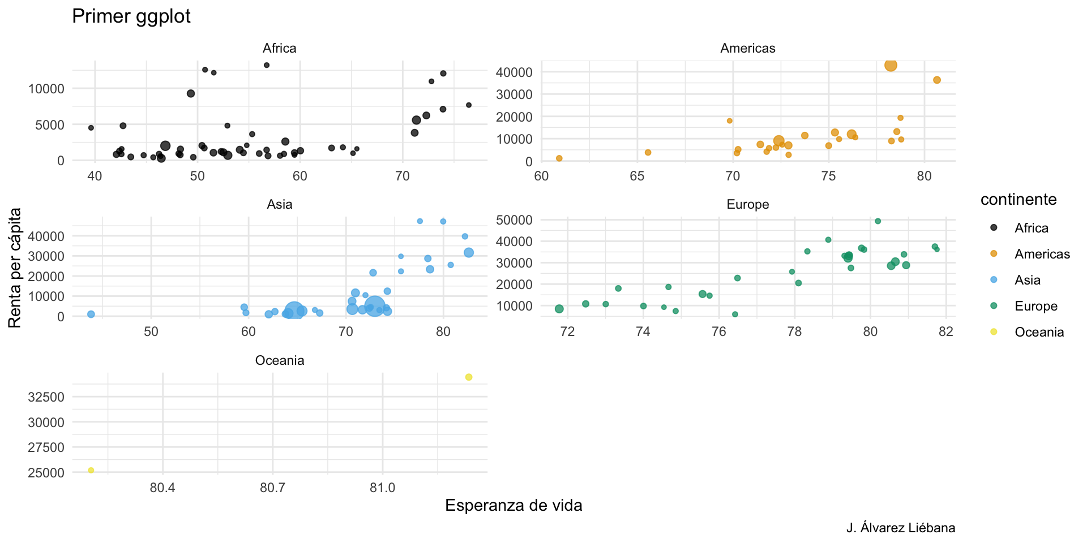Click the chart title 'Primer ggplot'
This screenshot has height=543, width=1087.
click(x=131, y=16)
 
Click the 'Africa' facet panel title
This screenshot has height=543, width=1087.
click(x=279, y=49)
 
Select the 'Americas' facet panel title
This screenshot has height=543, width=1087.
click(x=747, y=49)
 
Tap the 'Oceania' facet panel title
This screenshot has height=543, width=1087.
click(x=279, y=361)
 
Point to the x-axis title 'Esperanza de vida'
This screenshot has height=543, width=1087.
click(x=513, y=506)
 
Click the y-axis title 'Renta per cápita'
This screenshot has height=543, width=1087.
click(x=15, y=268)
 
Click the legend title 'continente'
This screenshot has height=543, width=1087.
click(x=1018, y=200)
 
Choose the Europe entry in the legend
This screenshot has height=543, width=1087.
click(x=1035, y=306)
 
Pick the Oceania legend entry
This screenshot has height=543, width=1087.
click(x=1039, y=332)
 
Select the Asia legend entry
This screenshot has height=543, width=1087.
click(x=1027, y=280)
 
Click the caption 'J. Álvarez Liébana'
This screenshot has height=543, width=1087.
click(x=901, y=528)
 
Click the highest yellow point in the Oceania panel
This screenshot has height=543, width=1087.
click(x=469, y=377)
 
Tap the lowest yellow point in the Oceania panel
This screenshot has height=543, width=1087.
click(x=91, y=471)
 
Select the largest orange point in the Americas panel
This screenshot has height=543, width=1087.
click(x=891, y=66)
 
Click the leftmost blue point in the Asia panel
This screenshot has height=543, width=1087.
click(x=91, y=314)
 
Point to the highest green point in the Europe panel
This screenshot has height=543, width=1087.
click(x=878, y=221)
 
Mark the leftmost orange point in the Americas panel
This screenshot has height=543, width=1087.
click(x=559, y=158)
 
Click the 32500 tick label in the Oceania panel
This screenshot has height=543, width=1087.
click(x=46, y=397)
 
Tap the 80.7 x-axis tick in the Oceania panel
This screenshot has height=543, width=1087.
click(x=272, y=488)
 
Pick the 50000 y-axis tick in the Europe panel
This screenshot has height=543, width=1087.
click(x=514, y=220)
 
